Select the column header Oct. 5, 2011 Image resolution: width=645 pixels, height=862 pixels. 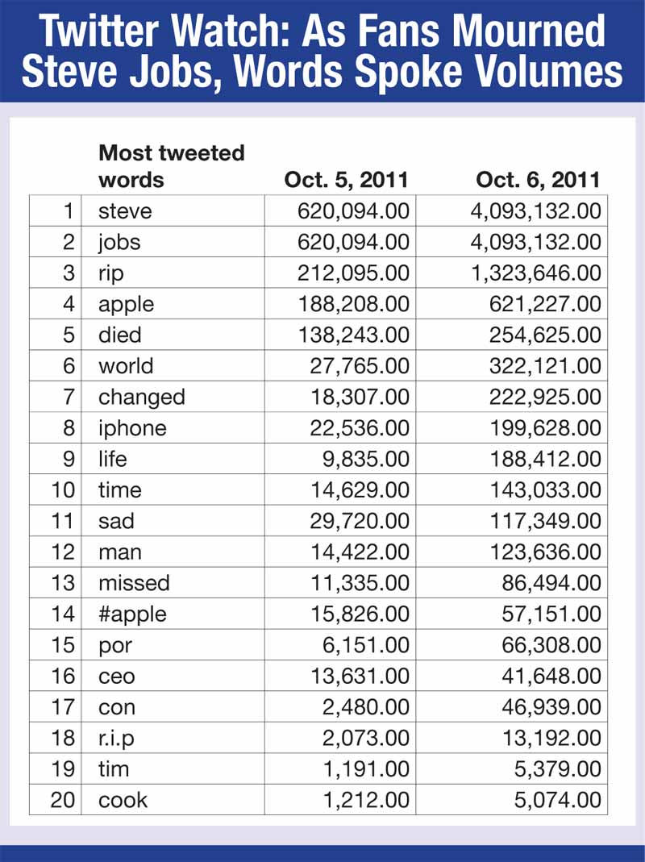tap(346, 179)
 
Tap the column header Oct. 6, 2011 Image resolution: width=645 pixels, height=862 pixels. tap(538, 179)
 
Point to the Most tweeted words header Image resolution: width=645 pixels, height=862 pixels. tap(171, 165)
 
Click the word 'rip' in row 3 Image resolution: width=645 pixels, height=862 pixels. tap(111, 273)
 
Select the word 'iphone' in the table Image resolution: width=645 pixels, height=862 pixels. tap(132, 428)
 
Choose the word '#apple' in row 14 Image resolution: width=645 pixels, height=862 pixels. tap(132, 614)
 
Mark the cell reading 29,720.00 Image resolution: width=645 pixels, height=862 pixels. tap(360, 521)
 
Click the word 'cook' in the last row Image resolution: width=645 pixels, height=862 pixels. tap(123, 800)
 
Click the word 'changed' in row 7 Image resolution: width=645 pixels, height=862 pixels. tap(141, 398)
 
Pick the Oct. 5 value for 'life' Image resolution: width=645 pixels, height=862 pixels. tap(368, 459)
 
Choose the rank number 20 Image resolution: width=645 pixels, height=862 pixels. tap(61, 800)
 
